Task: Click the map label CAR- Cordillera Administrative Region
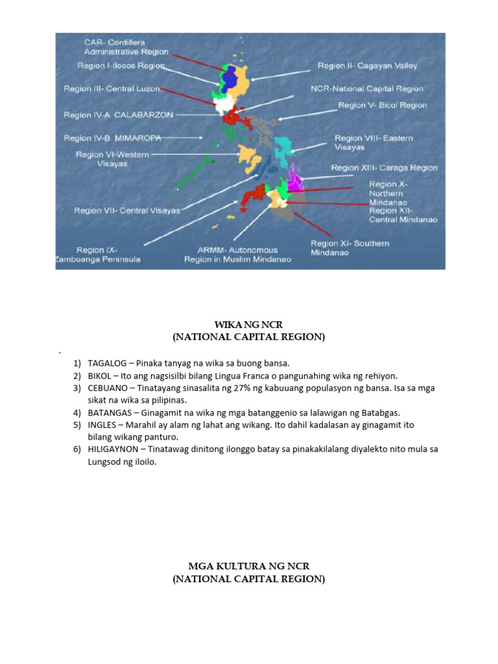[x=126, y=47]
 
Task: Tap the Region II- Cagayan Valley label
[x=367, y=65]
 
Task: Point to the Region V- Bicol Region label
[x=383, y=104]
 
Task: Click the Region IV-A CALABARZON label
[x=119, y=115]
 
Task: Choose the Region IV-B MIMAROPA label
[x=112, y=138]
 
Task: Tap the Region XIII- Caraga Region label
[x=384, y=167]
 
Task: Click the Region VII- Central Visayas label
[x=127, y=211]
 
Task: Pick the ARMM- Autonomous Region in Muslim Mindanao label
[x=237, y=254]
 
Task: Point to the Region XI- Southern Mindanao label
[x=350, y=248]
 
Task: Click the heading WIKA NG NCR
[x=248, y=324]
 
